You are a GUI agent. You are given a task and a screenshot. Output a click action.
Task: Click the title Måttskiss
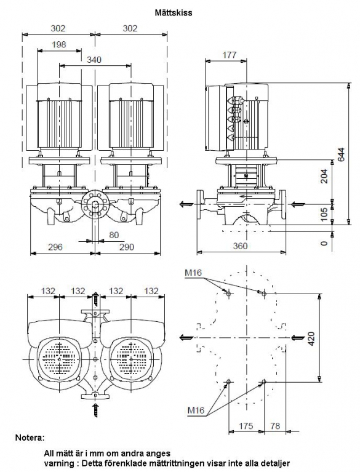[x=174, y=13]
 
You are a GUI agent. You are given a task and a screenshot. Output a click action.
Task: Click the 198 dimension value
[x=58, y=44]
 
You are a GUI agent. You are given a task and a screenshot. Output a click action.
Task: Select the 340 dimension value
[x=94, y=60]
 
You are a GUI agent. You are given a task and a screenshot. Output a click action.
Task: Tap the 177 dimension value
[x=230, y=55]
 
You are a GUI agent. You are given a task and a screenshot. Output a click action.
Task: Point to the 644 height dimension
[x=341, y=154]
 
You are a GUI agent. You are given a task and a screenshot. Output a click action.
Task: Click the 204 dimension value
[x=324, y=177]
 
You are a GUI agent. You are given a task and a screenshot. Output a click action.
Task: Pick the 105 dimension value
[x=324, y=214]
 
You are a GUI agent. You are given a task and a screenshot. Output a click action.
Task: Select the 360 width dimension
[x=240, y=246]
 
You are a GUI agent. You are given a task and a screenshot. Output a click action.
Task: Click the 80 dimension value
[x=114, y=235]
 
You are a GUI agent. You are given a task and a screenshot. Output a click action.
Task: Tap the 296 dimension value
[x=55, y=247]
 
